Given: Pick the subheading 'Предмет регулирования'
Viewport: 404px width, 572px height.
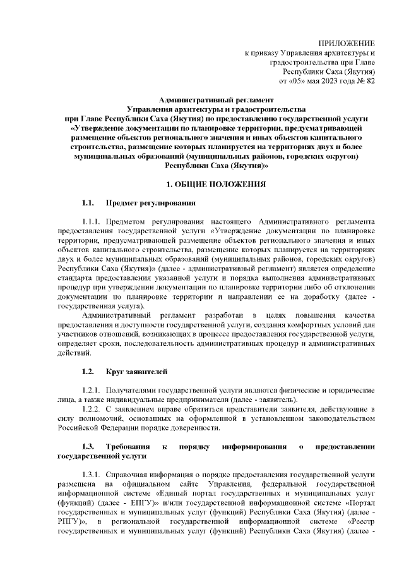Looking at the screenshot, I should click(x=150, y=204).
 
